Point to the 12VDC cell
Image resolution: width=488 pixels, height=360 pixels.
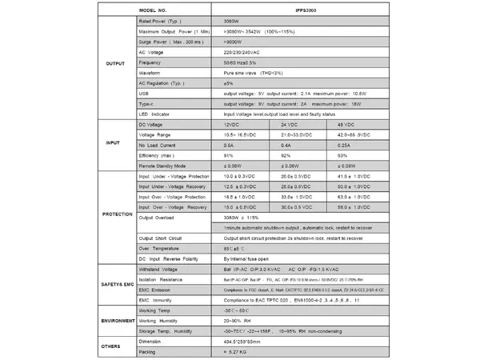(234, 125)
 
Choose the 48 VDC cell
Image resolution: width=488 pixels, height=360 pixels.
(346, 125)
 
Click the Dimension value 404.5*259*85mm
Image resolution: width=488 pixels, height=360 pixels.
(251, 340)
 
